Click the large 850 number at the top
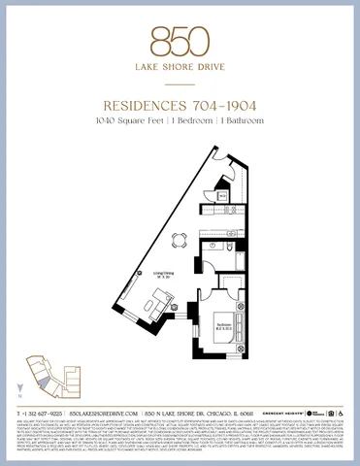point(180,42)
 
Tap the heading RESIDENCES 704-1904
point(180,108)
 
